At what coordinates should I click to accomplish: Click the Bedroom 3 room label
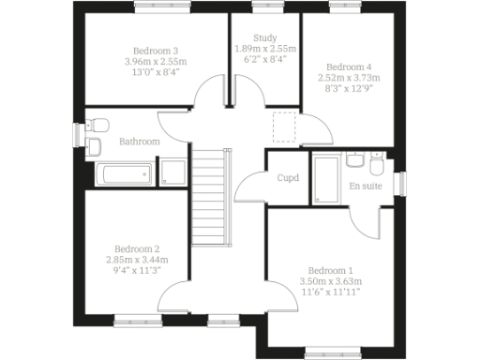pos(156,51)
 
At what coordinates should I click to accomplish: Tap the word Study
pos(265,37)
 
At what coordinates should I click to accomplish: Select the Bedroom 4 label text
pos(348,67)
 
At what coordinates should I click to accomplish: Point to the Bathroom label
pos(139,142)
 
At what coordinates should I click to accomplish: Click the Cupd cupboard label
pos(288,178)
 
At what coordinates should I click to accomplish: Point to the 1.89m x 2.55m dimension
pos(265,49)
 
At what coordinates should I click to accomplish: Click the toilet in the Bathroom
pos(101,126)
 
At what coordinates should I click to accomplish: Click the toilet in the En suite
pos(376,166)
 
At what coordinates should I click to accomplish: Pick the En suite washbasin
pos(355,160)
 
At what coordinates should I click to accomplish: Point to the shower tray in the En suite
pos(325,178)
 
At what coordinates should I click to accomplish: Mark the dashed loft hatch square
pos(283,127)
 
